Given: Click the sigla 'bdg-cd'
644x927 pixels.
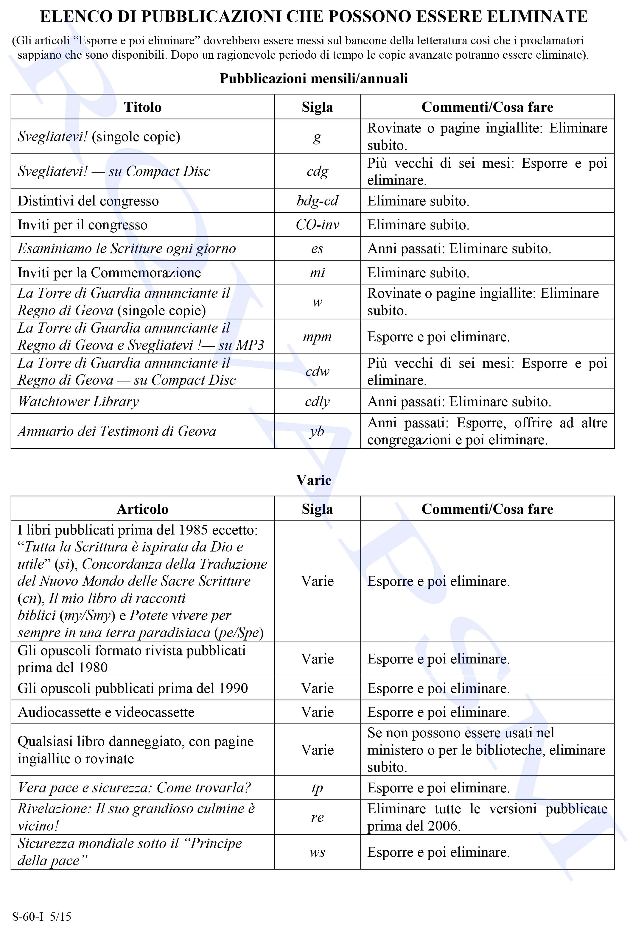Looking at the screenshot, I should [x=317, y=201].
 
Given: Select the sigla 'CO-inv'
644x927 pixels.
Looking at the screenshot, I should [x=317, y=225].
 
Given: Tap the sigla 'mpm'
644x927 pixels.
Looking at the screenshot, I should [x=317, y=336].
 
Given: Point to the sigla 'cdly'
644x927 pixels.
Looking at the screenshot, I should [x=317, y=401].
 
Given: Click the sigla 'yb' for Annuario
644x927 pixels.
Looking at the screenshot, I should [x=317, y=431].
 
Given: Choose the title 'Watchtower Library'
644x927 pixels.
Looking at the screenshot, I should [x=78, y=401].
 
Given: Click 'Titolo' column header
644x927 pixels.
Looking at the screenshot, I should [x=142, y=107].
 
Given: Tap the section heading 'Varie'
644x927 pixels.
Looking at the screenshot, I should [x=314, y=480].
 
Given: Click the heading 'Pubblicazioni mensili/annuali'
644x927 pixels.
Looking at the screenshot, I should [x=314, y=78].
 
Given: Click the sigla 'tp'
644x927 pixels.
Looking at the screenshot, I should [x=317, y=787].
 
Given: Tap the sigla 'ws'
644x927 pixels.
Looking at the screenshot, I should [x=317, y=852].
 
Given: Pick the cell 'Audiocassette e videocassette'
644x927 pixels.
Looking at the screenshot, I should [x=106, y=712].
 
